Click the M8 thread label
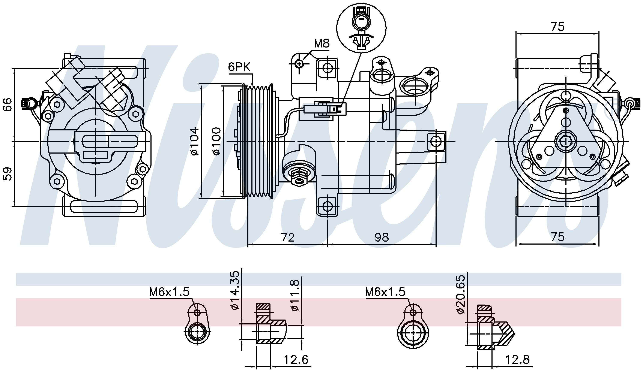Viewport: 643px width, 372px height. (x=321, y=44)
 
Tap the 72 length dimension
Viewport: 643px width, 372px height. (x=288, y=237)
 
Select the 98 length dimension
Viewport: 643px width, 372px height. (x=382, y=237)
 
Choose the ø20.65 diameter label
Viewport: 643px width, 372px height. (x=461, y=294)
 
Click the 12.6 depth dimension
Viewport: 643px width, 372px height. (x=296, y=360)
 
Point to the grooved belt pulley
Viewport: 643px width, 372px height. (x=258, y=142)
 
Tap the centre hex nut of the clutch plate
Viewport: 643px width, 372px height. (x=566, y=141)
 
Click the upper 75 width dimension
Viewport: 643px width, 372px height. (x=557, y=27)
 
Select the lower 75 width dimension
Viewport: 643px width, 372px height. (x=557, y=237)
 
